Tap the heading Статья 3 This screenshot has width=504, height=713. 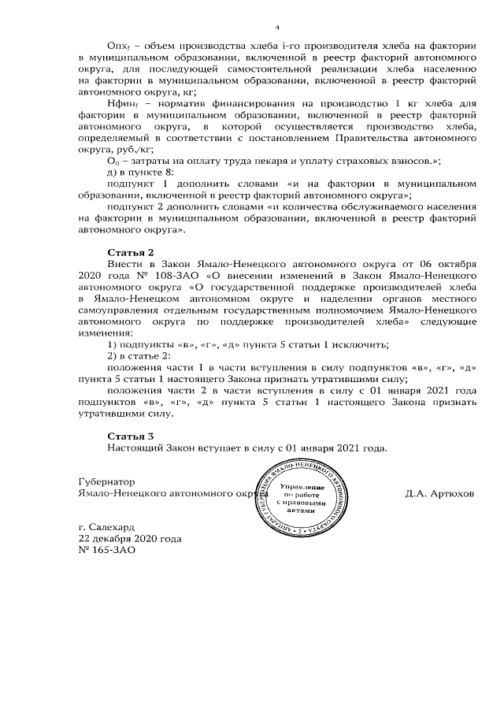130,436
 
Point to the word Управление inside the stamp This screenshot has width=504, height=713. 299,489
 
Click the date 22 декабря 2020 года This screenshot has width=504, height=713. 130,540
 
